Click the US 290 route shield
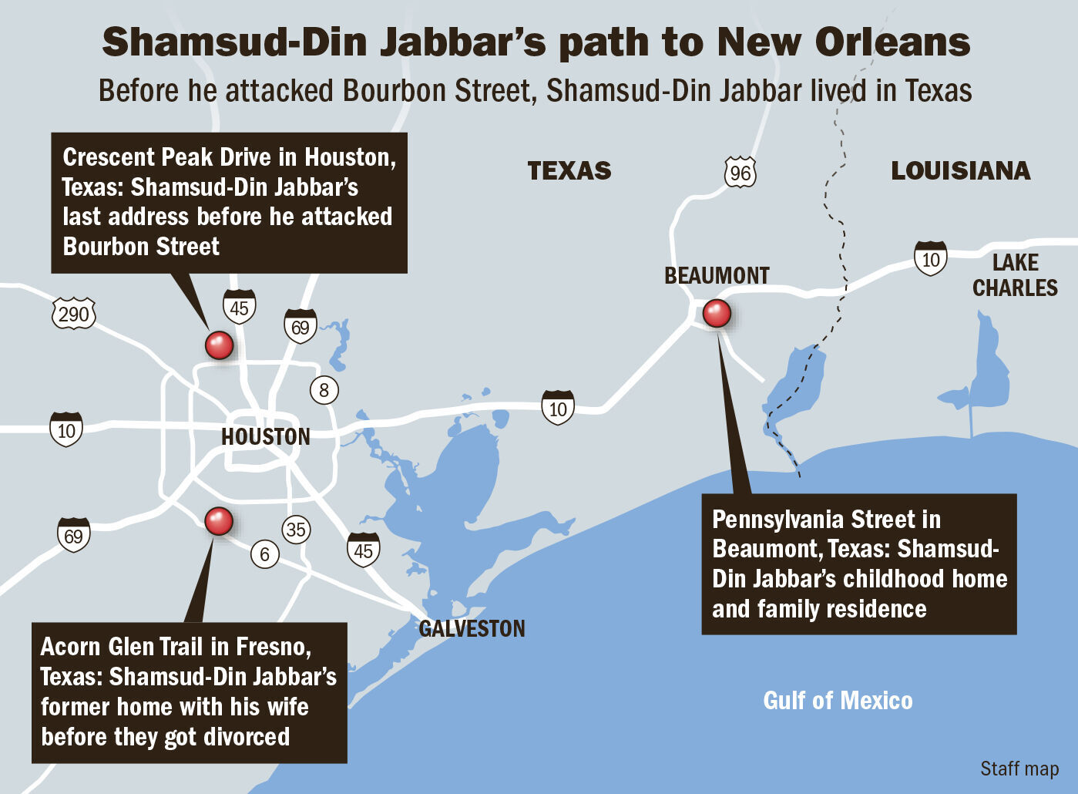pyautogui.click(x=74, y=314)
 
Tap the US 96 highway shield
pyautogui.click(x=740, y=173)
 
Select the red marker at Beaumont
pyautogui.click(x=717, y=314)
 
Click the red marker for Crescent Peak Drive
pyautogui.click(x=219, y=345)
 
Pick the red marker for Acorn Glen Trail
pyautogui.click(x=219, y=521)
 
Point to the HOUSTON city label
pyautogui.click(x=265, y=437)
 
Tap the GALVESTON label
pyautogui.click(x=472, y=629)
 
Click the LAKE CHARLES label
pyautogui.click(x=1014, y=275)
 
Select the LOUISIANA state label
pyautogui.click(x=960, y=170)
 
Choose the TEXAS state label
pyautogui.click(x=569, y=170)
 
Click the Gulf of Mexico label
pyautogui.click(x=838, y=701)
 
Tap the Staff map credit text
pyautogui.click(x=1019, y=769)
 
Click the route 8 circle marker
pyautogui.click(x=324, y=390)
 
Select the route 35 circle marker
pyautogui.click(x=296, y=530)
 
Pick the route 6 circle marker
pyautogui.click(x=264, y=554)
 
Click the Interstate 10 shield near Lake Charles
pyautogui.click(x=930, y=259)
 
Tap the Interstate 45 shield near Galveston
pyautogui.click(x=363, y=550)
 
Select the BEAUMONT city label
pyautogui.click(x=717, y=276)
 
